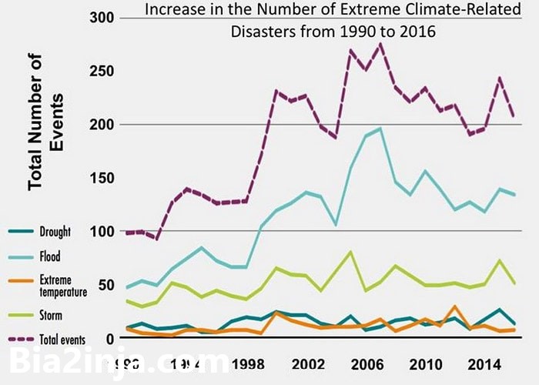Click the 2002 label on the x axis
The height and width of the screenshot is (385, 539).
(x=308, y=362)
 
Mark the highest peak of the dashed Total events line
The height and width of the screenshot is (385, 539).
(x=380, y=44)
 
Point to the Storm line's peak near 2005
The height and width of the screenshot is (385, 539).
(x=350, y=252)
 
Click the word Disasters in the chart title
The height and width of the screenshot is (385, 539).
(x=262, y=33)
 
